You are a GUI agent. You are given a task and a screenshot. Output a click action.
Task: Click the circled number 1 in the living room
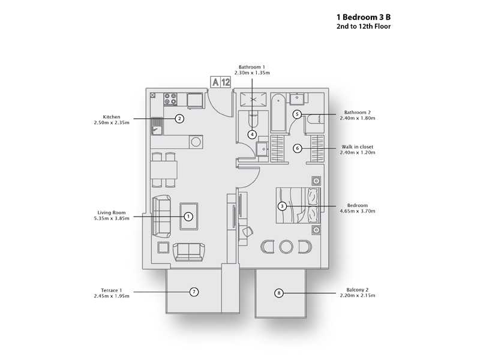coord(188,216)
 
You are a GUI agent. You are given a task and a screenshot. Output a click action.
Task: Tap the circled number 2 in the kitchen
coord(179,119)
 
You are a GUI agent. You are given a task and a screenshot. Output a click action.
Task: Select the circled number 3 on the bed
coord(282,206)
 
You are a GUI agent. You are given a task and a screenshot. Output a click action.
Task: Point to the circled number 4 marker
coord(253,134)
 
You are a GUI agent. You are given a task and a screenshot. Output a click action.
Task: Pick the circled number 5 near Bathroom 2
coord(296,114)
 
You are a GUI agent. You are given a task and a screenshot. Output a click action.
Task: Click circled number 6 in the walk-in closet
coord(296,148)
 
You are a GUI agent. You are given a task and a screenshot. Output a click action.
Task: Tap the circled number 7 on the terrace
coord(193,292)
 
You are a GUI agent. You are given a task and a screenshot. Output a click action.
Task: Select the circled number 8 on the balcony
coord(278,293)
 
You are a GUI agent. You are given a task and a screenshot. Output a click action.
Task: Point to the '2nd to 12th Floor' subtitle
coord(364,27)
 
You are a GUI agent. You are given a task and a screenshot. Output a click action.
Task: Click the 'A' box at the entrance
coord(214,83)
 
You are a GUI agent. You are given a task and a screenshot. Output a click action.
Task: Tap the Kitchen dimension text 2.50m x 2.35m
coord(112,123)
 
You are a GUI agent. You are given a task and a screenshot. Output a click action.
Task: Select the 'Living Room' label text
coord(111,212)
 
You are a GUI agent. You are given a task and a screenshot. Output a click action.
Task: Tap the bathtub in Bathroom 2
coord(278,112)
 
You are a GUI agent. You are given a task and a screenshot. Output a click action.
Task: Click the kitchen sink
coord(157,127)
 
